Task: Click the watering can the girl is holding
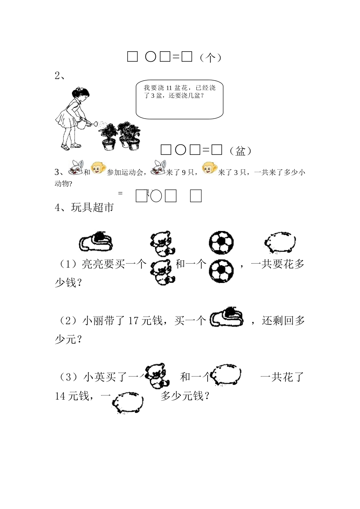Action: tap(87, 124)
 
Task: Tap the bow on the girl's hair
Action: tap(79, 89)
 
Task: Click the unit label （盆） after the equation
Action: tap(240, 151)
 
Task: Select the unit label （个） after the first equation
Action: tap(210, 58)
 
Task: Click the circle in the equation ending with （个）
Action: tap(150, 56)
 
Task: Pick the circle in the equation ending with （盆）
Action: tap(181, 150)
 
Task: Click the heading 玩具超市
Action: tap(92, 207)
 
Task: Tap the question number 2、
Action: tap(60, 76)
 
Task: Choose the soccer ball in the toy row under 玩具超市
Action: tap(221, 242)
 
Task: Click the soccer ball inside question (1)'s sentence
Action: tap(221, 271)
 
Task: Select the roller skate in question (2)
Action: tap(227, 317)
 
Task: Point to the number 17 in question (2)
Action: tap(133, 321)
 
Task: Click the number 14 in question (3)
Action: tap(60, 396)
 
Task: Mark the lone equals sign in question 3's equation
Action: tap(120, 194)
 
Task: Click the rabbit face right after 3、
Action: tap(76, 168)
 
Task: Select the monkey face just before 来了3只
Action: tap(210, 168)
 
